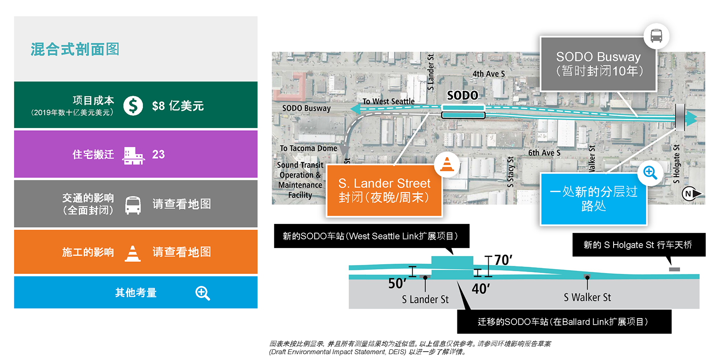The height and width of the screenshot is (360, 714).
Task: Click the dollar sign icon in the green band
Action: click(x=133, y=105)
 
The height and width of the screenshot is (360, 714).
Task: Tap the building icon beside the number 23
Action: click(x=133, y=156)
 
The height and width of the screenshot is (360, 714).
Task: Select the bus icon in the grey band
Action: click(x=133, y=205)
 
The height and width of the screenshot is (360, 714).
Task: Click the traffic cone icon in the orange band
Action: click(x=133, y=253)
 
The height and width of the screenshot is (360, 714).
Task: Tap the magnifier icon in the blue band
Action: click(x=203, y=293)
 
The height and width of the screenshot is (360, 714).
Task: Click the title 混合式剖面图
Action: click(x=75, y=50)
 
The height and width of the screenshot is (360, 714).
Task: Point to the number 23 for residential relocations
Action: click(x=158, y=154)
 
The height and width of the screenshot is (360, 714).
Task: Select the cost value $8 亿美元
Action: click(x=178, y=106)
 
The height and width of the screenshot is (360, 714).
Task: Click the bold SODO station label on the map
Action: click(x=462, y=95)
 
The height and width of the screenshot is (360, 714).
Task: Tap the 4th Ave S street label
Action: click(x=489, y=74)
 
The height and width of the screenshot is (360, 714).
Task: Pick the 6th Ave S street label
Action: click(x=544, y=153)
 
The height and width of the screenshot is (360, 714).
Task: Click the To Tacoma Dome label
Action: click(x=308, y=148)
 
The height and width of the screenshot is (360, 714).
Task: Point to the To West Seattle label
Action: click(x=389, y=101)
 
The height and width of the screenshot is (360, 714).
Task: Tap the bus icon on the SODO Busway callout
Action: click(x=656, y=36)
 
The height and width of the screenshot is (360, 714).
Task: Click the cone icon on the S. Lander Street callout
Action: click(x=447, y=165)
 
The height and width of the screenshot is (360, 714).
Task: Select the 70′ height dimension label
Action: click(x=503, y=260)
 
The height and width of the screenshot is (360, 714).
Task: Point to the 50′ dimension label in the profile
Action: click(x=397, y=283)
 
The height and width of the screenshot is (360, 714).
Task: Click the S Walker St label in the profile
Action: click(x=587, y=297)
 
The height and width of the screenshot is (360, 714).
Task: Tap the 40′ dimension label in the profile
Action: click(x=481, y=289)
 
